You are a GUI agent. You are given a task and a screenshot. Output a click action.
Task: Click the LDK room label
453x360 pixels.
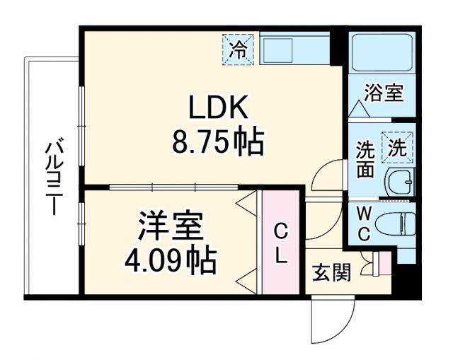pos(217,108)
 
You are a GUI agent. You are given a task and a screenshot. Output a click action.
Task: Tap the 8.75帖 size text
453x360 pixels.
pos(217,143)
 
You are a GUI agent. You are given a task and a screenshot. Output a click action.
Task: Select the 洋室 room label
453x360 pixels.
pos(171,227)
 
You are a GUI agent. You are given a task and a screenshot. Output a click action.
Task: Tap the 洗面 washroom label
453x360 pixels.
pos(365,161)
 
